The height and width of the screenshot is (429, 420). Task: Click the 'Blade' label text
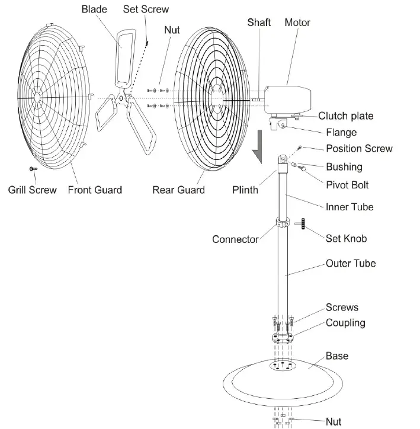[94, 9]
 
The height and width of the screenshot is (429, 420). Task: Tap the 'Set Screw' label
[146, 9]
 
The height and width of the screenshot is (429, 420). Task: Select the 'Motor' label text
[297, 23]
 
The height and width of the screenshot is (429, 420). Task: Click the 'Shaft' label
[259, 23]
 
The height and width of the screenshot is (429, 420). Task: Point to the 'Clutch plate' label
[354, 116]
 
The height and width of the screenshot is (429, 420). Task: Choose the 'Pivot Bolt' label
[347, 185]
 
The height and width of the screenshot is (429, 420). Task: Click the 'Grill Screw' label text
[33, 190]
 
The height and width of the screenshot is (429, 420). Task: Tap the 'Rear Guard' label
[178, 190]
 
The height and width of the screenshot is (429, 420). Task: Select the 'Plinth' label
[245, 190]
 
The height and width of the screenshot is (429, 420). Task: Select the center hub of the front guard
[37, 96]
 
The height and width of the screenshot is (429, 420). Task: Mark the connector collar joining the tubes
[283, 225]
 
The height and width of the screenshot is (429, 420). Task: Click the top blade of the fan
[125, 53]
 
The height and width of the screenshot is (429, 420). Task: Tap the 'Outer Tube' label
[351, 264]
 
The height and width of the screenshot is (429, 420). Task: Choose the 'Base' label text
[337, 356]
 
